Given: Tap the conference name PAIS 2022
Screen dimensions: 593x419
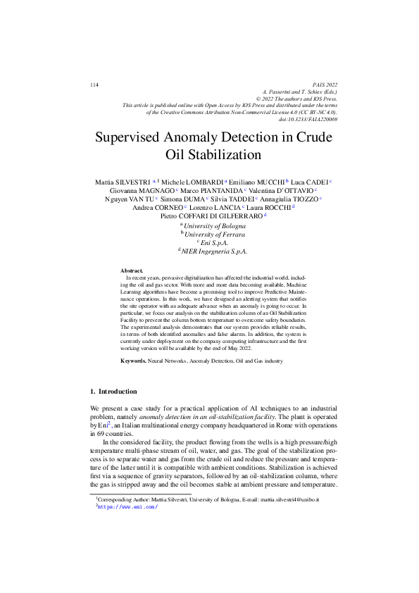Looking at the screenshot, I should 323,85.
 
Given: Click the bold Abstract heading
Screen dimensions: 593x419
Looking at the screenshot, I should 132,270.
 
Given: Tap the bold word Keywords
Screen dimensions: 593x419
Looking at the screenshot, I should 133,360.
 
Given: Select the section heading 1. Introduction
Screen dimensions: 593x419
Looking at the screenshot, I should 114,391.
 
